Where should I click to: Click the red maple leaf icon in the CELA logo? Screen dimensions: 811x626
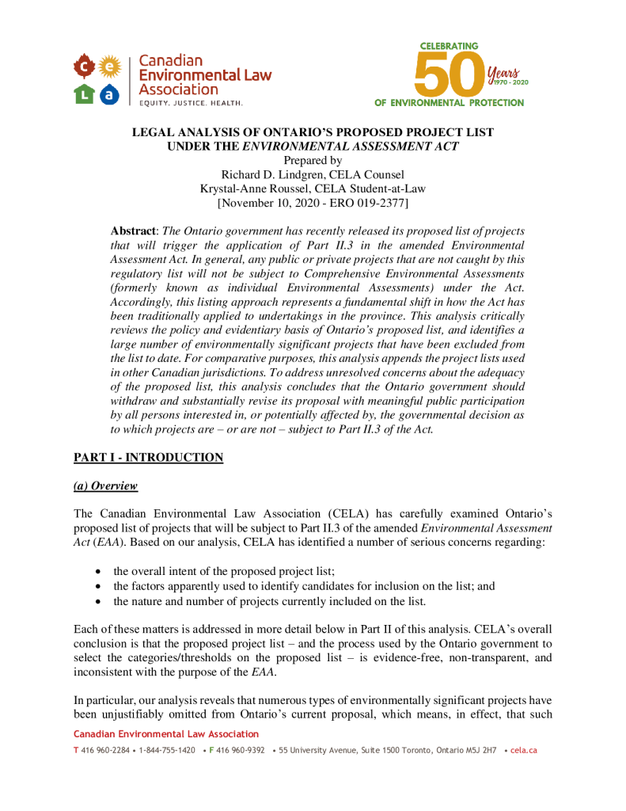[x=85, y=64]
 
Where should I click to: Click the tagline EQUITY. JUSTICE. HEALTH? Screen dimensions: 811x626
[x=191, y=103]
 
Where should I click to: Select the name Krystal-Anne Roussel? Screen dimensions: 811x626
[x=256, y=188]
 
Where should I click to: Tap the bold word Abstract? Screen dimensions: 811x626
[x=134, y=230]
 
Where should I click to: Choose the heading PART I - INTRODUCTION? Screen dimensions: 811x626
[x=148, y=458]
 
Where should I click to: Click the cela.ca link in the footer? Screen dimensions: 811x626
[x=524, y=750]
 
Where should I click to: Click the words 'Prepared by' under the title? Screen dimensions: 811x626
[x=313, y=160]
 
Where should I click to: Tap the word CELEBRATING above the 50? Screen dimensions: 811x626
[x=449, y=47]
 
